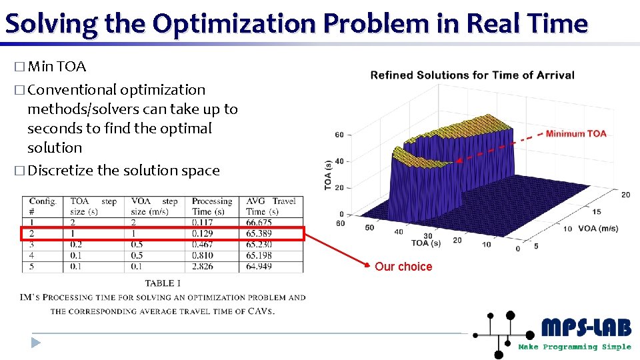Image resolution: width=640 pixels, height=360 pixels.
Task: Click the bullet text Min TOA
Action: click(x=57, y=67)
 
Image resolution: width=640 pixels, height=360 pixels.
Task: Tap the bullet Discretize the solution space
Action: click(x=123, y=171)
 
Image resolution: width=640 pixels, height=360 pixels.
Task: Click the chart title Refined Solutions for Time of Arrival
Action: click(x=472, y=75)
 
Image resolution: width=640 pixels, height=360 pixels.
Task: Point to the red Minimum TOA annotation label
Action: click(x=576, y=133)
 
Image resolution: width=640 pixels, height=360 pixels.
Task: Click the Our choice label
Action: click(x=403, y=267)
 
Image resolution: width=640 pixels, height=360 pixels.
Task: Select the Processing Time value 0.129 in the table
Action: click(x=203, y=233)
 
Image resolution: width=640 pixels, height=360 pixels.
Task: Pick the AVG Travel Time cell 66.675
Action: click(x=259, y=223)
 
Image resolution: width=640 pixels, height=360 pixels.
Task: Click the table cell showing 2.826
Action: click(x=203, y=266)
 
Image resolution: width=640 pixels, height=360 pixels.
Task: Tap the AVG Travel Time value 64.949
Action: click(x=259, y=266)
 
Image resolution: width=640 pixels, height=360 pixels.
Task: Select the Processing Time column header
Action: click(x=212, y=206)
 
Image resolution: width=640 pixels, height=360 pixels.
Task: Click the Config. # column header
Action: click(x=43, y=206)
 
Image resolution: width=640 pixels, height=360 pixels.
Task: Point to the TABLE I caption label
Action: click(x=163, y=284)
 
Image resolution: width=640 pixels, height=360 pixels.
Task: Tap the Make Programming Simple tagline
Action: click(x=575, y=347)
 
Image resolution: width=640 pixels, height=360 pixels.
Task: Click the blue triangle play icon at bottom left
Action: click(x=36, y=343)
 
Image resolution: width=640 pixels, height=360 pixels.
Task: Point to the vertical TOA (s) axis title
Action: click(x=327, y=175)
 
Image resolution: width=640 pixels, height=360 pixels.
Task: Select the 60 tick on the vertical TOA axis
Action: click(x=339, y=135)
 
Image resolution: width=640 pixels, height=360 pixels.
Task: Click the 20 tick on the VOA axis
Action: click(x=625, y=195)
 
